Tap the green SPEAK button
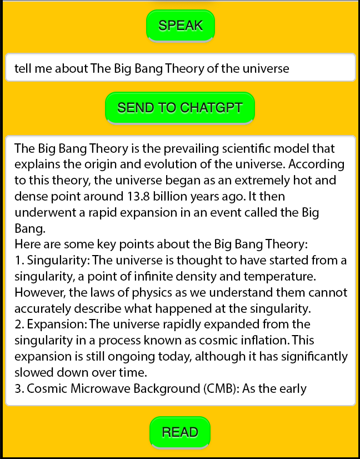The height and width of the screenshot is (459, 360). point(181,26)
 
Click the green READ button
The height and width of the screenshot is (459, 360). point(180,432)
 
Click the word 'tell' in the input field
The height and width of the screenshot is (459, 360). point(23,68)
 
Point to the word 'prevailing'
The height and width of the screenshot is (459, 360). point(191,149)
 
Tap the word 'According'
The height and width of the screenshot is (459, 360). point(316,165)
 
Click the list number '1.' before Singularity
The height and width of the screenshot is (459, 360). point(19,260)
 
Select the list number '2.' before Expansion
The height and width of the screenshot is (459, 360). point(19,325)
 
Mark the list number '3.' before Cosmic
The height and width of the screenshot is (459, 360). point(19,388)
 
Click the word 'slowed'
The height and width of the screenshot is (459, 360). point(34,372)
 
